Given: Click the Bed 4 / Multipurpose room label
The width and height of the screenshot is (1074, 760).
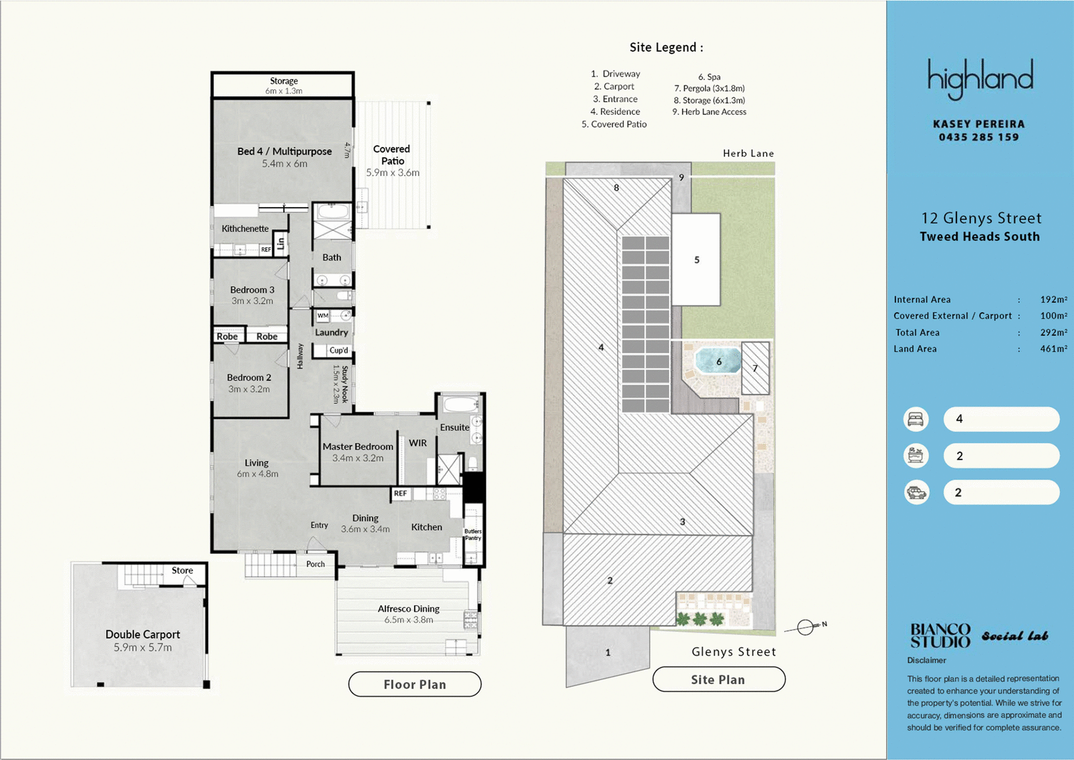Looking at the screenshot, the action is coord(285,151).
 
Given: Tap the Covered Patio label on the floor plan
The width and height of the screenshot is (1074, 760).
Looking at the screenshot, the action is coord(392,155).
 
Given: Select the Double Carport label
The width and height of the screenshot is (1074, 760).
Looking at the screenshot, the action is coord(143,634).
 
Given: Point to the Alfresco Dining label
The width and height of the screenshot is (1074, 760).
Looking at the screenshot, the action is coord(409,608).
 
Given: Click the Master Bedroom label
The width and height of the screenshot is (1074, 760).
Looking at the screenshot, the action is coord(358,446).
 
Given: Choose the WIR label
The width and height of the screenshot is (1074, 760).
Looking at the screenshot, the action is coord(418,443).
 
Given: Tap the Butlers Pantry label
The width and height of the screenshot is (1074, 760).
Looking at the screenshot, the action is coord(473,534).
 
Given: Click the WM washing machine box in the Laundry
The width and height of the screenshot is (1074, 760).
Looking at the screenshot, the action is coord(323,315).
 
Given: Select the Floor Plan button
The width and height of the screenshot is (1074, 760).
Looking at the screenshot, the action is coord(415,684).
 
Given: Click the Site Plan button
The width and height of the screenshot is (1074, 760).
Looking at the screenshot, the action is coord(718,679).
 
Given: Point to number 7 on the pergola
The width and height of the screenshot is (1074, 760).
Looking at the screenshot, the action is coord(755,368).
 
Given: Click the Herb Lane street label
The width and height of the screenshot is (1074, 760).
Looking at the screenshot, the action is coord(748,153).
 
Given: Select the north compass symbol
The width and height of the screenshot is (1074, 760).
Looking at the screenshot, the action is coord(805,627).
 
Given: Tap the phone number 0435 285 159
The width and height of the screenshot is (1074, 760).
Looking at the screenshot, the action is coord(979,137).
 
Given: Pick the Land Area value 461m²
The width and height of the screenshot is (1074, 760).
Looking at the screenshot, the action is coord(1053,349).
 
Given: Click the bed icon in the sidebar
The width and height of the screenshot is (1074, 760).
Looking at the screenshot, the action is coord(916,419).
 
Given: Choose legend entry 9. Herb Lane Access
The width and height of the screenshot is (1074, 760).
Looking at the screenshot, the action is coord(709,112).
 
